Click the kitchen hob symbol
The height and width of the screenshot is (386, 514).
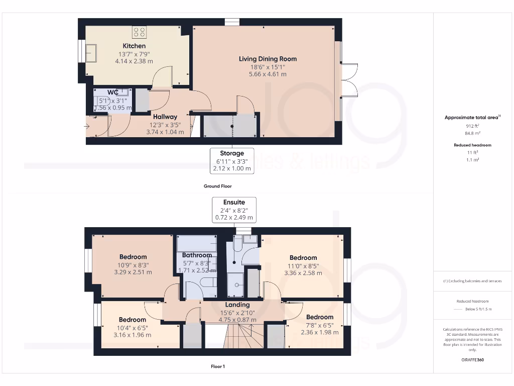tap(139, 33)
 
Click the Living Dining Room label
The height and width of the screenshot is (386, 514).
tap(268, 59)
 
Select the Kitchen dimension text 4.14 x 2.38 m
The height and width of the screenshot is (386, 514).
tap(134, 61)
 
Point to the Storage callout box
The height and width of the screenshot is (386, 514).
tap(232, 161)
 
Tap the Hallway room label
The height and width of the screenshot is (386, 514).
tap(165, 117)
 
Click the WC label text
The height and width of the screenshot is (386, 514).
tap(113, 92)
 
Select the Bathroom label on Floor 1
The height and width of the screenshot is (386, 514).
tap(197, 255)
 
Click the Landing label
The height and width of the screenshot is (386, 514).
tap(237, 305)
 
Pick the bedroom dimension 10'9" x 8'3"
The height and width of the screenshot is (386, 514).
tap(133, 265)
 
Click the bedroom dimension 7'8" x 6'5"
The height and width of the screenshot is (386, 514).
tap(319, 325)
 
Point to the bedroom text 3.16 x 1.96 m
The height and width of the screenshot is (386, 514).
tap(133, 335)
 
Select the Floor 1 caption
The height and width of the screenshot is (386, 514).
tap(217, 366)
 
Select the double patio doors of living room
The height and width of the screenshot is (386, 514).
tap(348, 80)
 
